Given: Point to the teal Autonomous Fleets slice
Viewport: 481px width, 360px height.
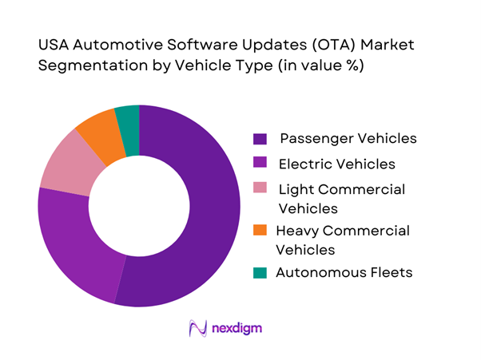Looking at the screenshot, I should point(128,119).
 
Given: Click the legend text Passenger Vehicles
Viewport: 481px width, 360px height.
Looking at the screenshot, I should point(348,138).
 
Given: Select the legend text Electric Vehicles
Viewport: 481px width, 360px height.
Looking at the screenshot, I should point(336,164).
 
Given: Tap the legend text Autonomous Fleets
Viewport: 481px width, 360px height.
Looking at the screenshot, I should point(344,272).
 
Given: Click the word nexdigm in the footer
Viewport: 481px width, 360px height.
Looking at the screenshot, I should point(237,328).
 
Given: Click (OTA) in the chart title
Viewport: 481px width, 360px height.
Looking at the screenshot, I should point(310,45).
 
